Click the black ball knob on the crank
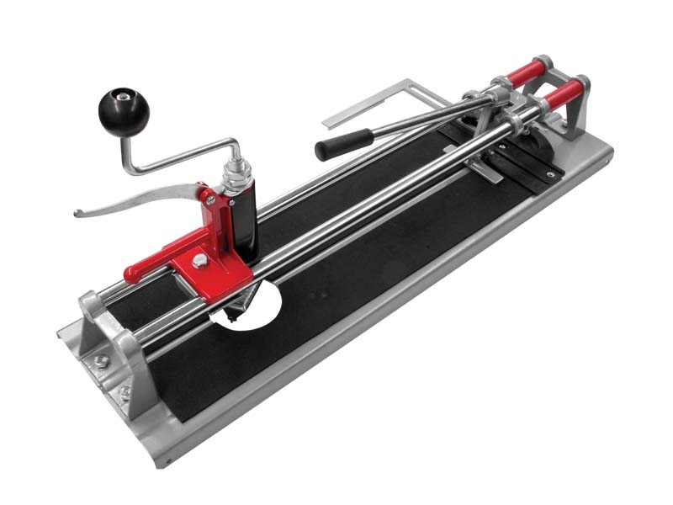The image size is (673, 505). coord(123,110)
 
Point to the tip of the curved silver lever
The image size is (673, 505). coord(78,213)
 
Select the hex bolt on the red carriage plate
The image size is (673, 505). coord(199,260)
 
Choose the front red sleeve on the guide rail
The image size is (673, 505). coord(561,93)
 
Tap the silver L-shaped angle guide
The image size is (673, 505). coord(379,101)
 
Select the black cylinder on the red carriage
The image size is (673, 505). coord(244,223)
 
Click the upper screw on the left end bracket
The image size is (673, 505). coord(102,360)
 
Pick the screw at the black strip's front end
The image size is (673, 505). coord(550,174)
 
